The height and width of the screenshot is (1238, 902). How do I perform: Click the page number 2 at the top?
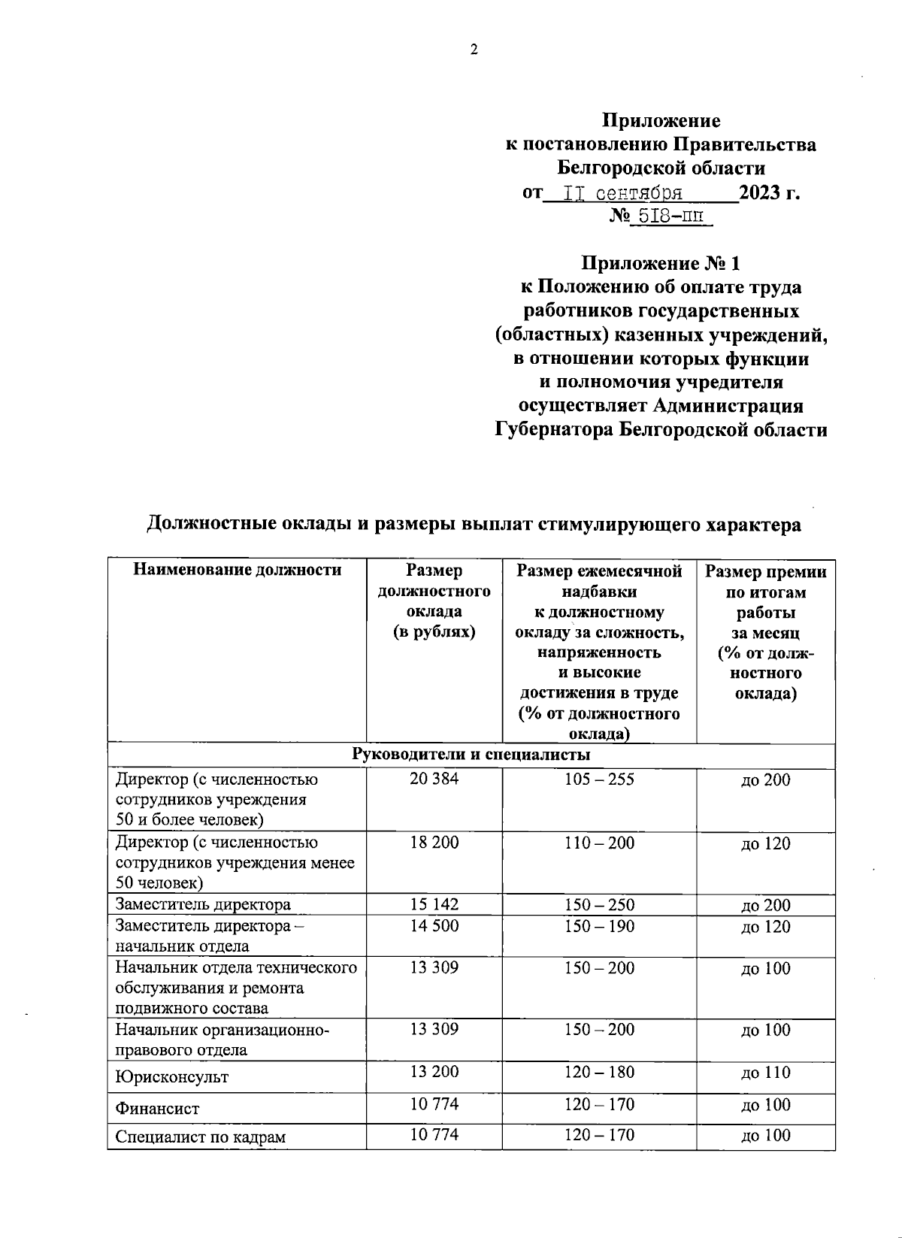[x=474, y=50]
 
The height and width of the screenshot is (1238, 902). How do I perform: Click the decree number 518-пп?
[x=670, y=216]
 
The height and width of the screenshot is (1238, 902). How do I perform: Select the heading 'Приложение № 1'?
[x=661, y=263]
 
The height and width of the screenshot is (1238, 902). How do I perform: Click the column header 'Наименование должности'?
[x=237, y=570]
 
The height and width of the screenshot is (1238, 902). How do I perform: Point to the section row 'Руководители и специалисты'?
[x=471, y=755]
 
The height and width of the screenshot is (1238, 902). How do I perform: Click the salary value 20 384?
[x=434, y=779]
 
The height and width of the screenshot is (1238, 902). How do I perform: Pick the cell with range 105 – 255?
[x=599, y=779]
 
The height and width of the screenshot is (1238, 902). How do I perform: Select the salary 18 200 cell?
[x=434, y=843]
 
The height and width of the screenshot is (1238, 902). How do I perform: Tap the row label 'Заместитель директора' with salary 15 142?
[x=203, y=904]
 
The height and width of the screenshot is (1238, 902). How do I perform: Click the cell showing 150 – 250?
[x=599, y=904]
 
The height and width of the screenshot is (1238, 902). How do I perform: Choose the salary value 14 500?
[x=434, y=926]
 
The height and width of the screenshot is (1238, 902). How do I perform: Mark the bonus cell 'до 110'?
[x=765, y=1073]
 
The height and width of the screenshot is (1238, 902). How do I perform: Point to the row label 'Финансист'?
[x=157, y=1108]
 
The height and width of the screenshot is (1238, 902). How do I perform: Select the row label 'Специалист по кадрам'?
[x=200, y=1137]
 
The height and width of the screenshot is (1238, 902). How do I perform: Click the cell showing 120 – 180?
[x=599, y=1073]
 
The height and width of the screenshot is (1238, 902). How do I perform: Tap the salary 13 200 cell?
[x=434, y=1073]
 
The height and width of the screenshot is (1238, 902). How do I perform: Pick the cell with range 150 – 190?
[x=599, y=926]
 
